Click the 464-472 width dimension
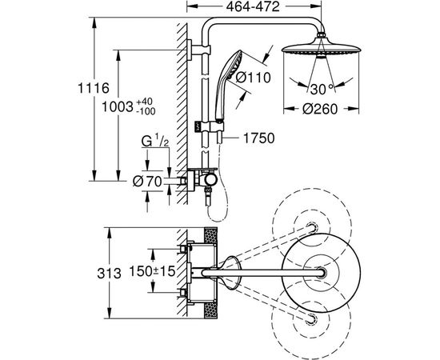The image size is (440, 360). point(253,6)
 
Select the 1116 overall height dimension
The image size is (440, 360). point(93,88)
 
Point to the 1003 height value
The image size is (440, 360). point(117,107)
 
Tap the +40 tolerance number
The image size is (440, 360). point(144,102)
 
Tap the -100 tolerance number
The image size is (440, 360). point(146,111)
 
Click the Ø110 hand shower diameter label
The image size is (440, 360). point(253,77)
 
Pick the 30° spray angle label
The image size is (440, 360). point(322,90)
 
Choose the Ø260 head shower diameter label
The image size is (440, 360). point(320,109)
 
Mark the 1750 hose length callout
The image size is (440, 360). point(258,138)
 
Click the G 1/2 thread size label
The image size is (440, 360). point(155,141)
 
